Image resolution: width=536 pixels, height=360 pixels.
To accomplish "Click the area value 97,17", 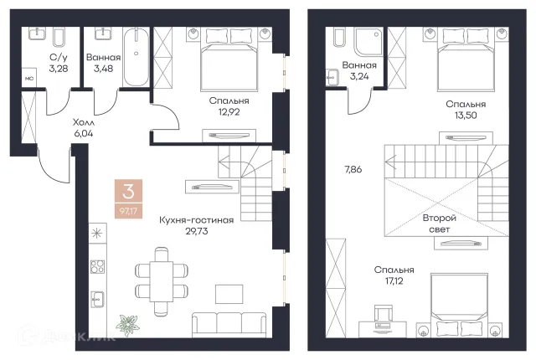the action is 128,211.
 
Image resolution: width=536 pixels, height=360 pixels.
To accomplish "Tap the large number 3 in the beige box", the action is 128,191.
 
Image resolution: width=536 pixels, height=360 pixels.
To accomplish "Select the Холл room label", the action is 84,122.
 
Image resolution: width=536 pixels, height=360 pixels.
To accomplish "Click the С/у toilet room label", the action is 59,58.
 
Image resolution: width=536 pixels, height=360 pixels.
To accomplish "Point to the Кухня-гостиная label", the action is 197,220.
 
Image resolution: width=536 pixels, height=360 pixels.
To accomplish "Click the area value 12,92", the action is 229,111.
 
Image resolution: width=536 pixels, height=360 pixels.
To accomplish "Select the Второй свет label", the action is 439,224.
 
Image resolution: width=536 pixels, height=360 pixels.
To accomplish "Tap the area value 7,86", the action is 353,169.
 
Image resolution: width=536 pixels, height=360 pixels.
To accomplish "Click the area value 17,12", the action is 394,280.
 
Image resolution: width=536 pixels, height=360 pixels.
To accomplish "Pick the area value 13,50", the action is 466,115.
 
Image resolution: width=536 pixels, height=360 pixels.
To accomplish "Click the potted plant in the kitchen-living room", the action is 127,325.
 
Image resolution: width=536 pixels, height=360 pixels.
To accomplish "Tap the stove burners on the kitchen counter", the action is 97,267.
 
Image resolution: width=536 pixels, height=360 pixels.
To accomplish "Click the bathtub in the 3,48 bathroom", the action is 136,57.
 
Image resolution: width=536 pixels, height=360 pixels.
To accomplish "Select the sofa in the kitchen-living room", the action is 229,325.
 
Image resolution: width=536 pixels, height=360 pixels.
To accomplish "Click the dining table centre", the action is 162,280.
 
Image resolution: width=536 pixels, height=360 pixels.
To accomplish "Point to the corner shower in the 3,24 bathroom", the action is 368,41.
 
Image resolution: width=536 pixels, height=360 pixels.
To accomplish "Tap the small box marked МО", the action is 29,79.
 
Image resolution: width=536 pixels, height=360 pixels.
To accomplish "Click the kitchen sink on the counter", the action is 97,300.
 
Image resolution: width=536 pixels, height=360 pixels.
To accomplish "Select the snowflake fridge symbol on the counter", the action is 97,234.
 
